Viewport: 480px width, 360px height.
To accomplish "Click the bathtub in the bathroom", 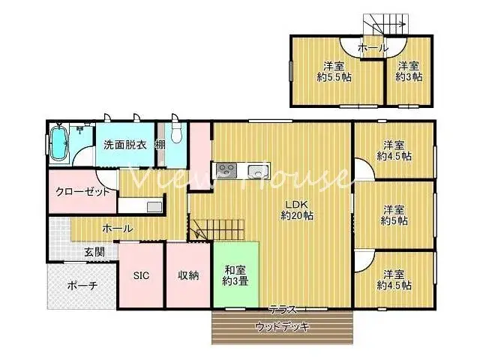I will (x=59, y=144).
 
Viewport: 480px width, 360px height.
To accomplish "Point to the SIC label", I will (x=142, y=275).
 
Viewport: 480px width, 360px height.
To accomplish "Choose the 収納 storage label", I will (x=188, y=275).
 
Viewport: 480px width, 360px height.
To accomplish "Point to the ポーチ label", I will (x=82, y=285).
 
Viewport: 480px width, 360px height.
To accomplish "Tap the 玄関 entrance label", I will (x=94, y=251).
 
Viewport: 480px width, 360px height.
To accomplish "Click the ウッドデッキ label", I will (x=283, y=326).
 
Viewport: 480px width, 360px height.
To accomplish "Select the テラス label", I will (x=283, y=310).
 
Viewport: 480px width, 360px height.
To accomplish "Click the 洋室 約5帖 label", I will (x=393, y=214).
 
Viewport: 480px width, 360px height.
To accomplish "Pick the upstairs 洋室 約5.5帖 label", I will (x=333, y=71).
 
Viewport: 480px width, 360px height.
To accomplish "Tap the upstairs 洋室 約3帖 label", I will (x=408, y=71).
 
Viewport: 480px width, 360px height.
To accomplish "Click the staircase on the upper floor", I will (x=385, y=25).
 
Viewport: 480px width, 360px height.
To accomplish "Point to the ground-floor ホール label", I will (x=118, y=228).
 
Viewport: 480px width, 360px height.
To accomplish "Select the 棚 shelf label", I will (x=160, y=144).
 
